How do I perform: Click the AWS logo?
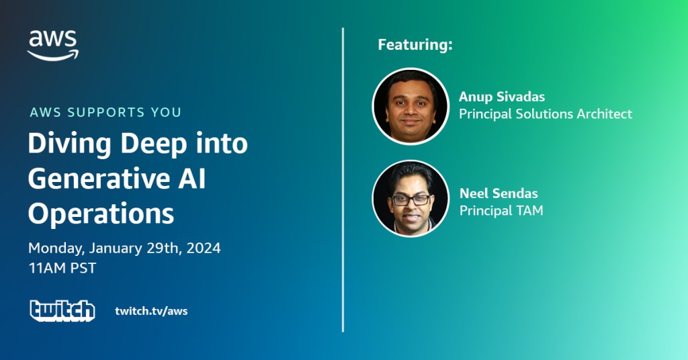[53, 46]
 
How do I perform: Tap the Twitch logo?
[62, 311]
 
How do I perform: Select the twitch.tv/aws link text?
[151, 311]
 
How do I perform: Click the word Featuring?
[415, 45]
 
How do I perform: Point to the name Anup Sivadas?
[502, 97]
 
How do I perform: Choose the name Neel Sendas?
[499, 193]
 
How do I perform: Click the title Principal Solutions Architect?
[546, 114]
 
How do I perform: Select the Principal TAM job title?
[501, 210]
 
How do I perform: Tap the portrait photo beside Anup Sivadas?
[411, 106]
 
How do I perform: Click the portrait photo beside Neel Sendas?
[411, 198]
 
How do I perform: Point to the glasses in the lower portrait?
[411, 200]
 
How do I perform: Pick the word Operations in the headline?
[101, 214]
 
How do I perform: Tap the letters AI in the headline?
[193, 179]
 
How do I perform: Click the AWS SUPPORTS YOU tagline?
[105, 112]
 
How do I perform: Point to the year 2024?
[203, 249]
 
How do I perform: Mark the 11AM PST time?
[62, 268]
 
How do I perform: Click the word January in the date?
[116, 249]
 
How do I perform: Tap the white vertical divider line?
[343, 180]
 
